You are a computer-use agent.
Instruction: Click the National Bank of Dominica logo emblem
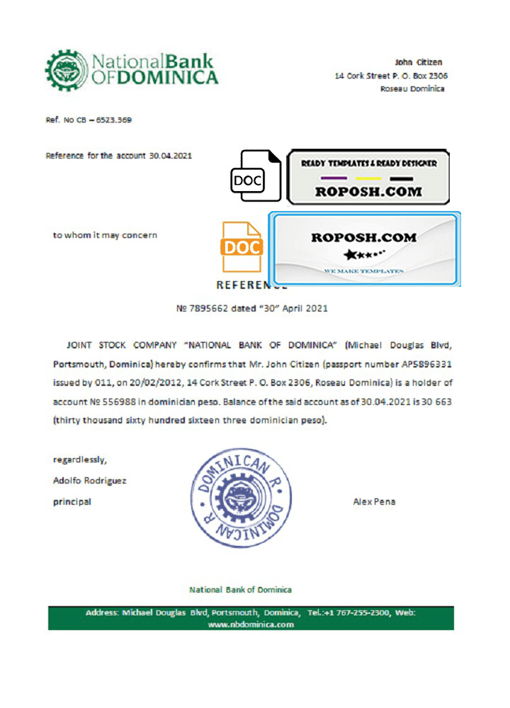pyautogui.click(x=65, y=70)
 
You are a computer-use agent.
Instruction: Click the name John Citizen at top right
pyautogui.click(x=419, y=62)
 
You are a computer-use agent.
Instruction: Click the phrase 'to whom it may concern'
pyautogui.click(x=106, y=235)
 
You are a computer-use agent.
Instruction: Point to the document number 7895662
pyautogui.click(x=208, y=309)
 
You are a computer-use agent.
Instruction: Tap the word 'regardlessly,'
pyautogui.click(x=80, y=459)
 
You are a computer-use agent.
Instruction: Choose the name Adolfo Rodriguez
pyautogui.click(x=90, y=481)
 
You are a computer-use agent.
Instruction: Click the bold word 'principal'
pyautogui.click(x=72, y=502)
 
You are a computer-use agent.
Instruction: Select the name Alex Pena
pyautogui.click(x=374, y=502)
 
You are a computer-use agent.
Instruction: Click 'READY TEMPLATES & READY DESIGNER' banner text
pyautogui.click(x=369, y=163)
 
